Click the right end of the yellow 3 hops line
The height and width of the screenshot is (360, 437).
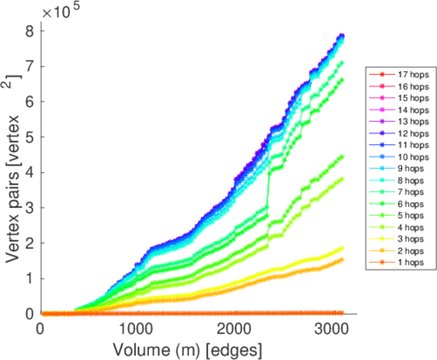[x=342, y=248]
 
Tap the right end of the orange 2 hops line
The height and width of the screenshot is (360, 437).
[x=342, y=259]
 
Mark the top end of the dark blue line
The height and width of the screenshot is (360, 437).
[x=342, y=35]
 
